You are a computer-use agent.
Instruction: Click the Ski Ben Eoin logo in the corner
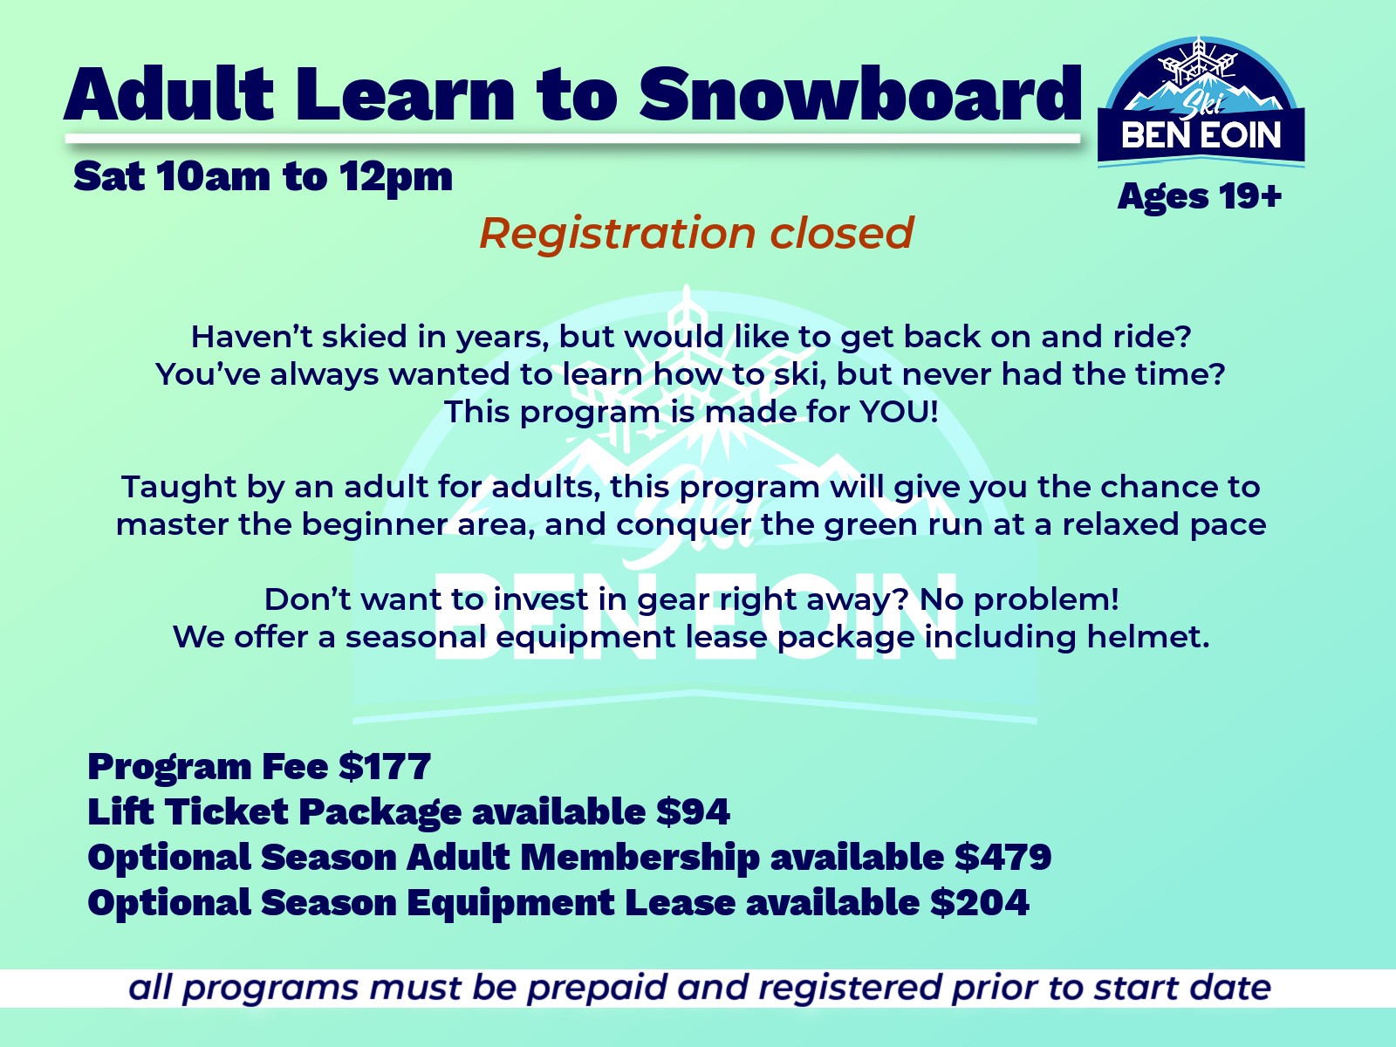click(1201, 101)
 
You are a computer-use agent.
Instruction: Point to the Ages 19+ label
click(1200, 195)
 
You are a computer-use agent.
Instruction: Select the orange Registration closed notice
click(696, 233)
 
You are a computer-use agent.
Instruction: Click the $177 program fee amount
click(385, 766)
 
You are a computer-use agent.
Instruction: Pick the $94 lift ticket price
click(693, 811)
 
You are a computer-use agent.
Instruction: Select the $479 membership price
click(1003, 857)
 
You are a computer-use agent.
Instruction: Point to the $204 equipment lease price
click(980, 903)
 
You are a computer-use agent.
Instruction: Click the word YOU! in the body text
click(899, 411)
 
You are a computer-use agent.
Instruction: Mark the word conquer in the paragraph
click(683, 526)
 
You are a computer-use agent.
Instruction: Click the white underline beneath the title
click(572, 138)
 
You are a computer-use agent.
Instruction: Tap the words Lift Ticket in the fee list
click(188, 811)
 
